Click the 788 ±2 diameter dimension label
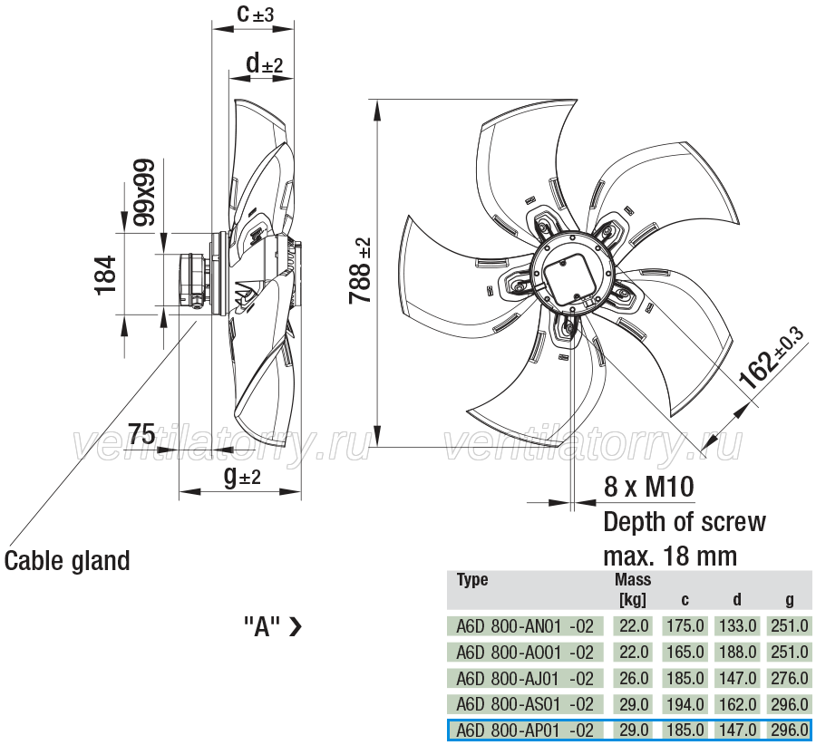(360, 270)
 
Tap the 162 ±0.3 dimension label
(772, 358)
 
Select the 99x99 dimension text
(144, 192)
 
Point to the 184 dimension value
(105, 276)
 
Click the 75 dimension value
(141, 433)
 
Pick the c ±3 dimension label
(255, 14)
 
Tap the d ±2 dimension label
(265, 63)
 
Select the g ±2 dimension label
(242, 476)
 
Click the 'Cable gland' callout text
(67, 561)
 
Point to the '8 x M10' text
(649, 487)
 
